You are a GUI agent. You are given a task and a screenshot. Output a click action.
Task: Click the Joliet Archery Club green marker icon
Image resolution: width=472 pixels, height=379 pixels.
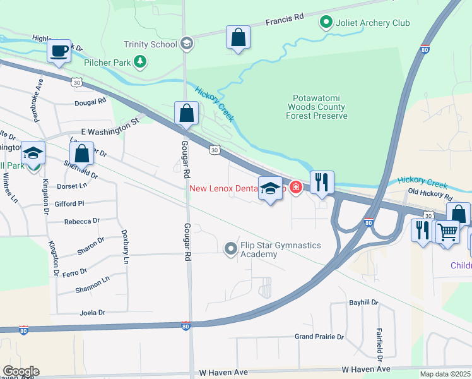point(326,23)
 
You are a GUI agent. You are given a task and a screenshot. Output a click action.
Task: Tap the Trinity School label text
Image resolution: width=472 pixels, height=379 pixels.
point(151,44)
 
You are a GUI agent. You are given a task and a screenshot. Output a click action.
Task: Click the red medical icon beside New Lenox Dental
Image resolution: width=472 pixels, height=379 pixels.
point(295,188)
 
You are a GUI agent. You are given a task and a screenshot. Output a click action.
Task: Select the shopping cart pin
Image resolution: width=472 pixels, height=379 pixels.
point(448,231)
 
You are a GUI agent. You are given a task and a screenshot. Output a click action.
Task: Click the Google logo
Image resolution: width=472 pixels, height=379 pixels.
point(21,371)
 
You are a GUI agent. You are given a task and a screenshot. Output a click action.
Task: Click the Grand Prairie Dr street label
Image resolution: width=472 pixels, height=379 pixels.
point(319,337)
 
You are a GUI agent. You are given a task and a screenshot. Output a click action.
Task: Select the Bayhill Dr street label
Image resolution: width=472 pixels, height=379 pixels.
point(363,303)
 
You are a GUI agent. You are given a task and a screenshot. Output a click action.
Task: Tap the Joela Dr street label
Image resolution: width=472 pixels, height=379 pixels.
point(92,312)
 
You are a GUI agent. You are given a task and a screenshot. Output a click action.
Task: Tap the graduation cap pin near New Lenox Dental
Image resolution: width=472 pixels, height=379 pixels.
point(270,189)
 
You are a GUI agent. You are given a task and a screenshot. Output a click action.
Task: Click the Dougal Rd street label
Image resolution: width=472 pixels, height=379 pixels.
point(90,101)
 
